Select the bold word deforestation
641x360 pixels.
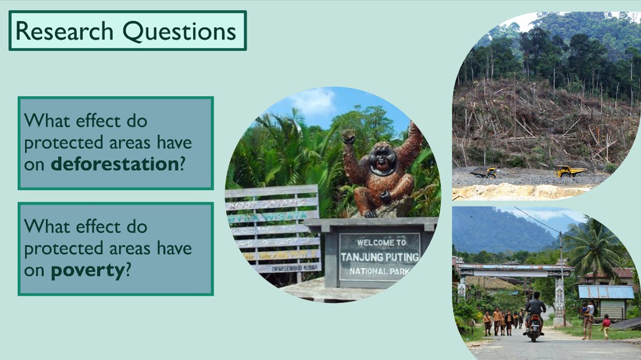(x=114, y=165)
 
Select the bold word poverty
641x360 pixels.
(x=87, y=270)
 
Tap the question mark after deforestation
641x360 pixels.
(x=182, y=165)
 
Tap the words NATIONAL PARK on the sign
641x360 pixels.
(x=380, y=271)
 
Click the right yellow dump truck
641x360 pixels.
(x=570, y=171)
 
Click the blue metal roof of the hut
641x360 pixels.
(x=606, y=292)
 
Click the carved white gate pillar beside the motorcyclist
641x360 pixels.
(x=559, y=299)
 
